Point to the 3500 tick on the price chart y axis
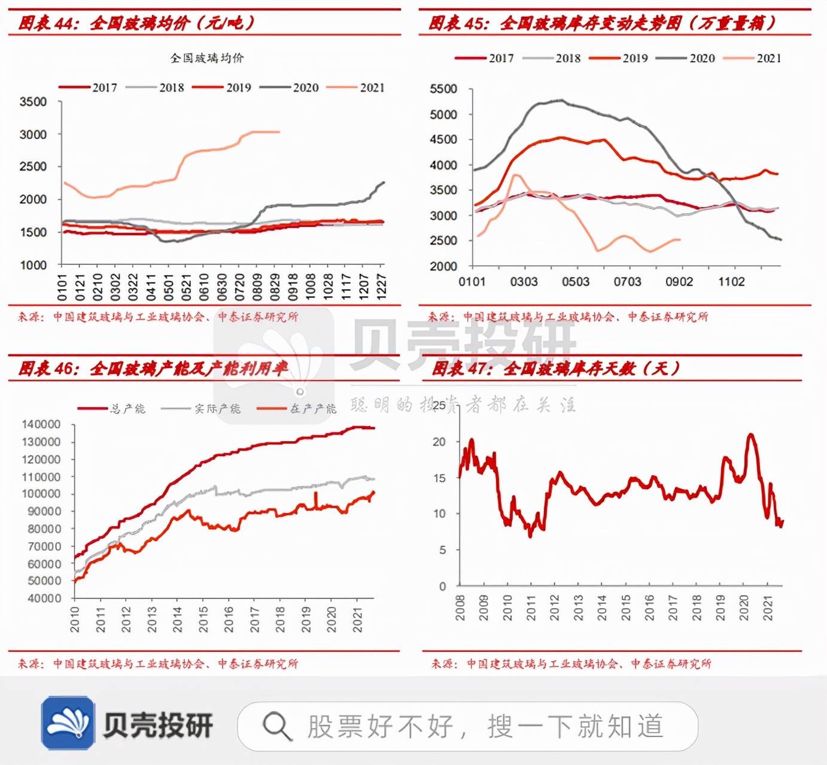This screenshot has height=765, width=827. (x=33, y=102)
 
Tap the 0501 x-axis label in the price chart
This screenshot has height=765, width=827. (x=168, y=287)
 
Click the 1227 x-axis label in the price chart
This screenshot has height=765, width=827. (x=381, y=287)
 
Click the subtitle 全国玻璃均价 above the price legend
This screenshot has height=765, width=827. (x=206, y=58)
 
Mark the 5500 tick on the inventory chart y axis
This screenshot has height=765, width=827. (x=443, y=89)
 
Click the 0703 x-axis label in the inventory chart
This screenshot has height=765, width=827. (x=627, y=281)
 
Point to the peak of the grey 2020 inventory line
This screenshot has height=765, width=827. (x=561, y=101)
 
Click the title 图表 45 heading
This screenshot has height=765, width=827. (x=601, y=23)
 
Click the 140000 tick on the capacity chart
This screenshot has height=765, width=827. (x=41, y=424)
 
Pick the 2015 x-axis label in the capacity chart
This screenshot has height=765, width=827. (x=203, y=619)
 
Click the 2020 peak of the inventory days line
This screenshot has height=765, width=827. (x=750, y=435)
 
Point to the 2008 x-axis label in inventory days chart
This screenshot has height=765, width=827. (x=460, y=608)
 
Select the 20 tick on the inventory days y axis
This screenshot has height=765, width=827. (x=439, y=442)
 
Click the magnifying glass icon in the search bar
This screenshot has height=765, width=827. (x=277, y=726)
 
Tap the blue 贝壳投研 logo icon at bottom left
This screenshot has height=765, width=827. (x=68, y=722)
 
